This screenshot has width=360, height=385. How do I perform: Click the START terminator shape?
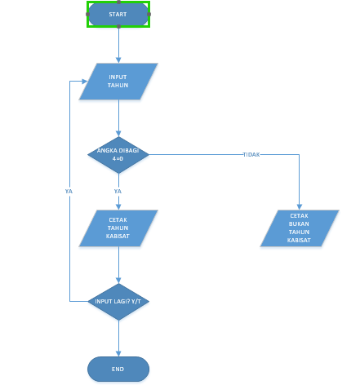(118, 14)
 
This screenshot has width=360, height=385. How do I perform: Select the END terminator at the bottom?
(118, 369)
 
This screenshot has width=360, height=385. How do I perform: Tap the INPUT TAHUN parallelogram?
(118, 82)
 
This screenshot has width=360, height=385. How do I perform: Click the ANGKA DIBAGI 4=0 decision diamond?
(118, 155)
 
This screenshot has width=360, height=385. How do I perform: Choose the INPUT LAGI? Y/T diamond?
(118, 302)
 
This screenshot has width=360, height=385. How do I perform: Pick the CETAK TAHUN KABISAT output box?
(118, 228)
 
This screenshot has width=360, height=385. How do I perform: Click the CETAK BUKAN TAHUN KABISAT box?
(300, 228)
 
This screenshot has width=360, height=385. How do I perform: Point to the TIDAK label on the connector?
(251, 155)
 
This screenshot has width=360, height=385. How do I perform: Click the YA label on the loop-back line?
(69, 191)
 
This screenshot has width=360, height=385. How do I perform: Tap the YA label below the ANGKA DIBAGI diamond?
(118, 191)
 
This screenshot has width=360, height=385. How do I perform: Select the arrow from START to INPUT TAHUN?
(118, 45)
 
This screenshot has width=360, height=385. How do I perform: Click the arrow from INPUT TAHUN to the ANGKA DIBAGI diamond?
(118, 118)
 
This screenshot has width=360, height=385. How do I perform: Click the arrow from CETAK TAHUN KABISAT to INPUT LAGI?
(118, 265)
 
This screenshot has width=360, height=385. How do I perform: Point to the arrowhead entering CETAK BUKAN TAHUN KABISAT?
(300, 206)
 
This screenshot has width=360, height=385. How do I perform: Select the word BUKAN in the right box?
(300, 223)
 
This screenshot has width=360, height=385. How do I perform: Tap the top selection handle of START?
(118, 2)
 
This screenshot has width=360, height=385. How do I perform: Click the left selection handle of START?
(88, 14)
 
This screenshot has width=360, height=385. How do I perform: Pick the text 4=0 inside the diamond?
(118, 158)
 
